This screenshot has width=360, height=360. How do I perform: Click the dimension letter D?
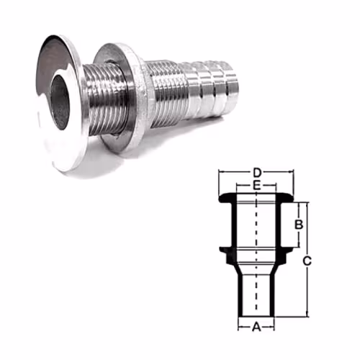(x=257, y=172)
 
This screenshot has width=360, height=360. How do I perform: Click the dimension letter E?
(x=256, y=186)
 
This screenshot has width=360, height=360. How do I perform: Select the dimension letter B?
(x=299, y=225)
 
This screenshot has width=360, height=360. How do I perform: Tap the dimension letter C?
(x=307, y=261)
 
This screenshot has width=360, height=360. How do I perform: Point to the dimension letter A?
(x=256, y=327)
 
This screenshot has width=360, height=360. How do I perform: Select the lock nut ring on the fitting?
(x=120, y=96)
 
